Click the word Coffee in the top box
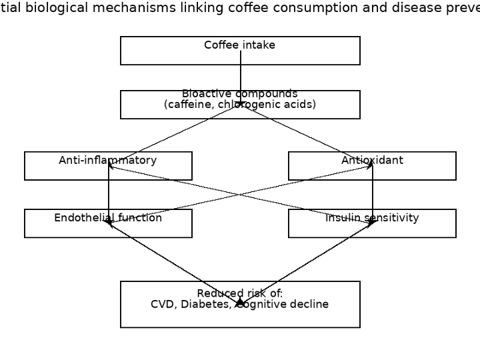pos(221,45)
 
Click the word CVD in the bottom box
pos(163,305)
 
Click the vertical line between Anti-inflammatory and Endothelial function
pos(109,193)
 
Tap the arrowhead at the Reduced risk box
pos(240,302)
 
